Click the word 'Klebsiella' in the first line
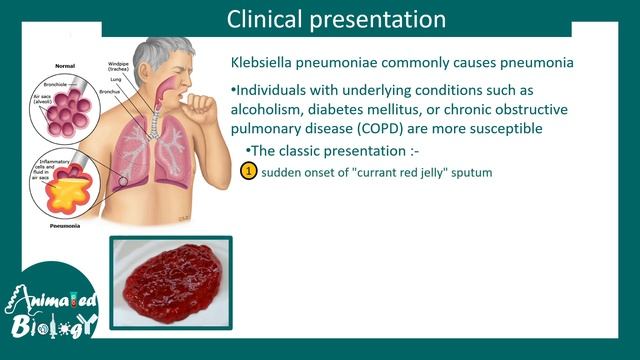click(x=264, y=63)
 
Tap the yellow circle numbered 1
click(x=250, y=172)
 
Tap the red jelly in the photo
click(x=170, y=283)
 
